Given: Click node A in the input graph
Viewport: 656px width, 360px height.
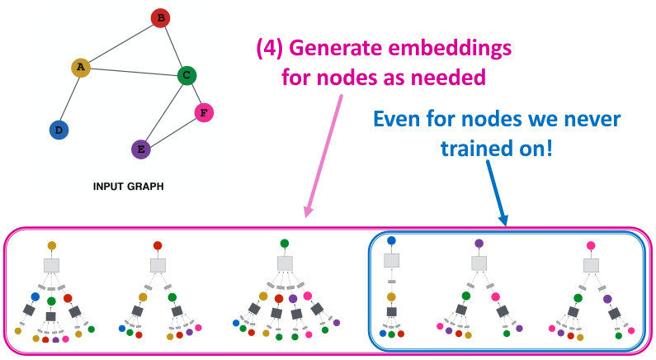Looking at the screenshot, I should pos(81,68).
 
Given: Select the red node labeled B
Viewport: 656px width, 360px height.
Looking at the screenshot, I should pos(161,17).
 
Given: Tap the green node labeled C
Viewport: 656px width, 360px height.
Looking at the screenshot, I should pos(186,76).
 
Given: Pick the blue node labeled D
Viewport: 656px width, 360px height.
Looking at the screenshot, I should pos(58,130).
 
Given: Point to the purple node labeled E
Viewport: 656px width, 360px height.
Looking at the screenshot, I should pos(141,149).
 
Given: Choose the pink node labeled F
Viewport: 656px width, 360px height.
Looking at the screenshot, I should pos(204,111).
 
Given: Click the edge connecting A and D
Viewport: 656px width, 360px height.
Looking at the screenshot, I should pos(69,98).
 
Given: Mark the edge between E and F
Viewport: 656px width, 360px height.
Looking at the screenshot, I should pos(172,130).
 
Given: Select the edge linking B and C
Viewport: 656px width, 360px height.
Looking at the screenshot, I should pos(173,46).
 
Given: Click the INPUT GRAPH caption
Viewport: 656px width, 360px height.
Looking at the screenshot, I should pos(129,187).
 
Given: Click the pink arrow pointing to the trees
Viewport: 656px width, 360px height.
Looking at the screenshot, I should pos(323,157).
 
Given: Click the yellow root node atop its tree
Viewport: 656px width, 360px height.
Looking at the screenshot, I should pos(51,245).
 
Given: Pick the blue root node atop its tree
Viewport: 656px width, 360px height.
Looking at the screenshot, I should pos(391,241).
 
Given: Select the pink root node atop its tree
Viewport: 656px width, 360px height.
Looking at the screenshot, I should pos(591,245).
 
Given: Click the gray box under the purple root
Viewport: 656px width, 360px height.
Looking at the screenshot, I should pos(479,263).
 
